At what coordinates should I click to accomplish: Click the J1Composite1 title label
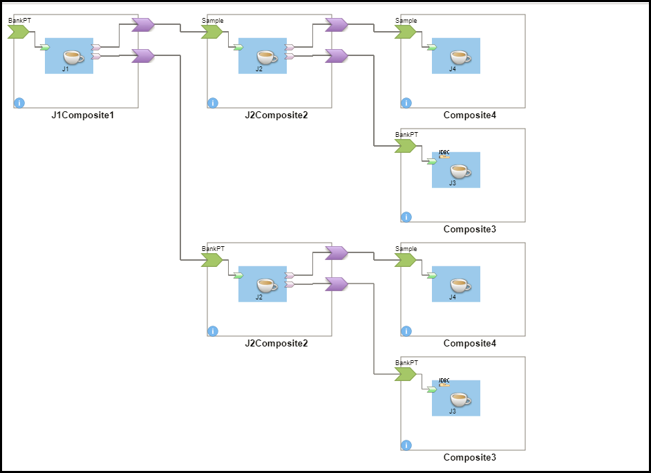pos(82,115)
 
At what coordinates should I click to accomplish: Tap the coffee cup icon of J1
pos(73,57)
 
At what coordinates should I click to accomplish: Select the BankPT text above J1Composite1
pos(19,21)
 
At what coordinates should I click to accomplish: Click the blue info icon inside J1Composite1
pos(19,103)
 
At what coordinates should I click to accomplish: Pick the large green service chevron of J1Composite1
pos(19,32)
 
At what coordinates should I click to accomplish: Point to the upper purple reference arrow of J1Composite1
pos(142,25)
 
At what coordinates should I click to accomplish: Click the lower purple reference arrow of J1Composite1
pos(142,55)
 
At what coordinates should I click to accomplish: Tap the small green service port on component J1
pos(45,47)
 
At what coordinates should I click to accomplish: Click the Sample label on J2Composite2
pos(213,21)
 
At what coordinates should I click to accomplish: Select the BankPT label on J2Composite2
pos(213,249)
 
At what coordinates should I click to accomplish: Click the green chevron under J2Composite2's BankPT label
pos(212,260)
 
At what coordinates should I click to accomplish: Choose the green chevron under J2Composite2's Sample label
pos(212,32)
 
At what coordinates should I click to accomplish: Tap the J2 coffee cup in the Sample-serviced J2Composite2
pos(266,57)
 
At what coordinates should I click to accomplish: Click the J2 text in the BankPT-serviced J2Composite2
pos(259,297)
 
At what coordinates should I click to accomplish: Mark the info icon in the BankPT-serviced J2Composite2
pos(213,331)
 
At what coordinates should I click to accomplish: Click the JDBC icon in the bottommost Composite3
pos(444,382)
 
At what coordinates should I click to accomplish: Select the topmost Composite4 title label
pos(470,115)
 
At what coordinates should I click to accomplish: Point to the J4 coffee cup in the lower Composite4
pos(460,285)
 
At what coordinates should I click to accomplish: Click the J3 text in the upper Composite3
pos(453,183)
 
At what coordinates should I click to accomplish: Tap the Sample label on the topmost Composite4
pos(406,21)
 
